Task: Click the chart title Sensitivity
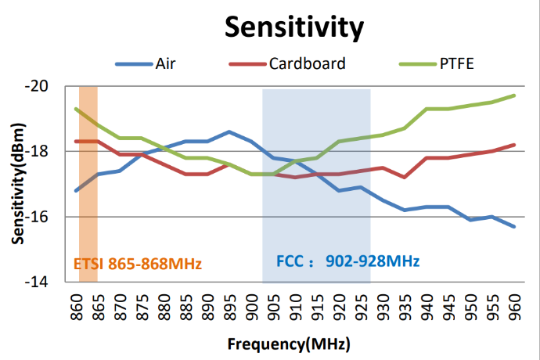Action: tap(294, 27)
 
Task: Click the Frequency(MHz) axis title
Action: tap(289, 344)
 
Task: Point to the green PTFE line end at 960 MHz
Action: tap(514, 95)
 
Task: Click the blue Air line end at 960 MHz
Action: tap(514, 226)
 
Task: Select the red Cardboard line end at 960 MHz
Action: tap(514, 145)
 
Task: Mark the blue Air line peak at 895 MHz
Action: tap(229, 131)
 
